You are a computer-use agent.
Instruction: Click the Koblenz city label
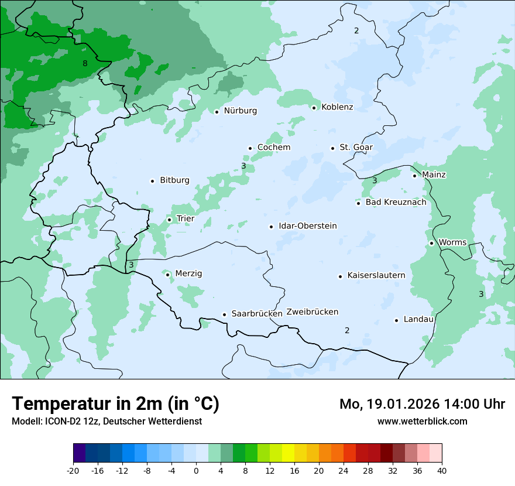point(337,107)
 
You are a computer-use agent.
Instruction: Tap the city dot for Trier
point(169,220)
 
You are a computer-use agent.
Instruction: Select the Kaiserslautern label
point(376,275)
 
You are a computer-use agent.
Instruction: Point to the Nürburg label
point(240,111)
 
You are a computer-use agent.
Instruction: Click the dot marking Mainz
point(414,176)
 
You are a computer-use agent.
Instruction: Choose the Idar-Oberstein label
point(307,226)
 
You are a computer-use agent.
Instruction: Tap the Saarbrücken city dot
point(224,314)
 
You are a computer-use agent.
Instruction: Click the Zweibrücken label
point(312,312)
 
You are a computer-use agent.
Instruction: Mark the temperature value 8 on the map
point(85,63)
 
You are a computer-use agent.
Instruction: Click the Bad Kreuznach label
point(396,203)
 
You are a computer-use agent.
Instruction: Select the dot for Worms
point(431,243)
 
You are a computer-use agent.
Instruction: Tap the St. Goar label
point(356,148)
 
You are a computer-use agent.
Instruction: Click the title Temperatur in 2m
point(115,404)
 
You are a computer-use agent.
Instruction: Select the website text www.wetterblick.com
point(422,421)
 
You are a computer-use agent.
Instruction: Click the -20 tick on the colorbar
point(73,470)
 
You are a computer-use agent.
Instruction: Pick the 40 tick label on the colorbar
point(441,470)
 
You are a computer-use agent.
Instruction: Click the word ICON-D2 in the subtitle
point(59,421)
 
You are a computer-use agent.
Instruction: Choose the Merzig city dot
point(167,274)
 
